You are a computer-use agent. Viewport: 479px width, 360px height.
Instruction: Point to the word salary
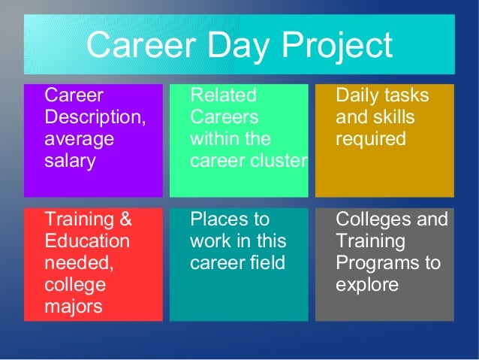click(71, 161)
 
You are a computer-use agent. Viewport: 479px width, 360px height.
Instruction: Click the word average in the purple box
click(80, 140)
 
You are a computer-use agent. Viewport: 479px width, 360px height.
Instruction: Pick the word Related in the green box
click(223, 96)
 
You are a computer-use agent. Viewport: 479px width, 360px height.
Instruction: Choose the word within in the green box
click(213, 140)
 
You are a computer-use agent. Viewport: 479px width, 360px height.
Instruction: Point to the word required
click(371, 140)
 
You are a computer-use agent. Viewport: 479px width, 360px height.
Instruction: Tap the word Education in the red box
click(87, 242)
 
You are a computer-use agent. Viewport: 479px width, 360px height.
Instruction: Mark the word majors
click(74, 307)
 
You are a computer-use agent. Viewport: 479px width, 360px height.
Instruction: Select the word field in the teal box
click(267, 264)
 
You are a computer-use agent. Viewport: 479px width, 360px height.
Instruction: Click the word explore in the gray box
click(366, 286)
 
